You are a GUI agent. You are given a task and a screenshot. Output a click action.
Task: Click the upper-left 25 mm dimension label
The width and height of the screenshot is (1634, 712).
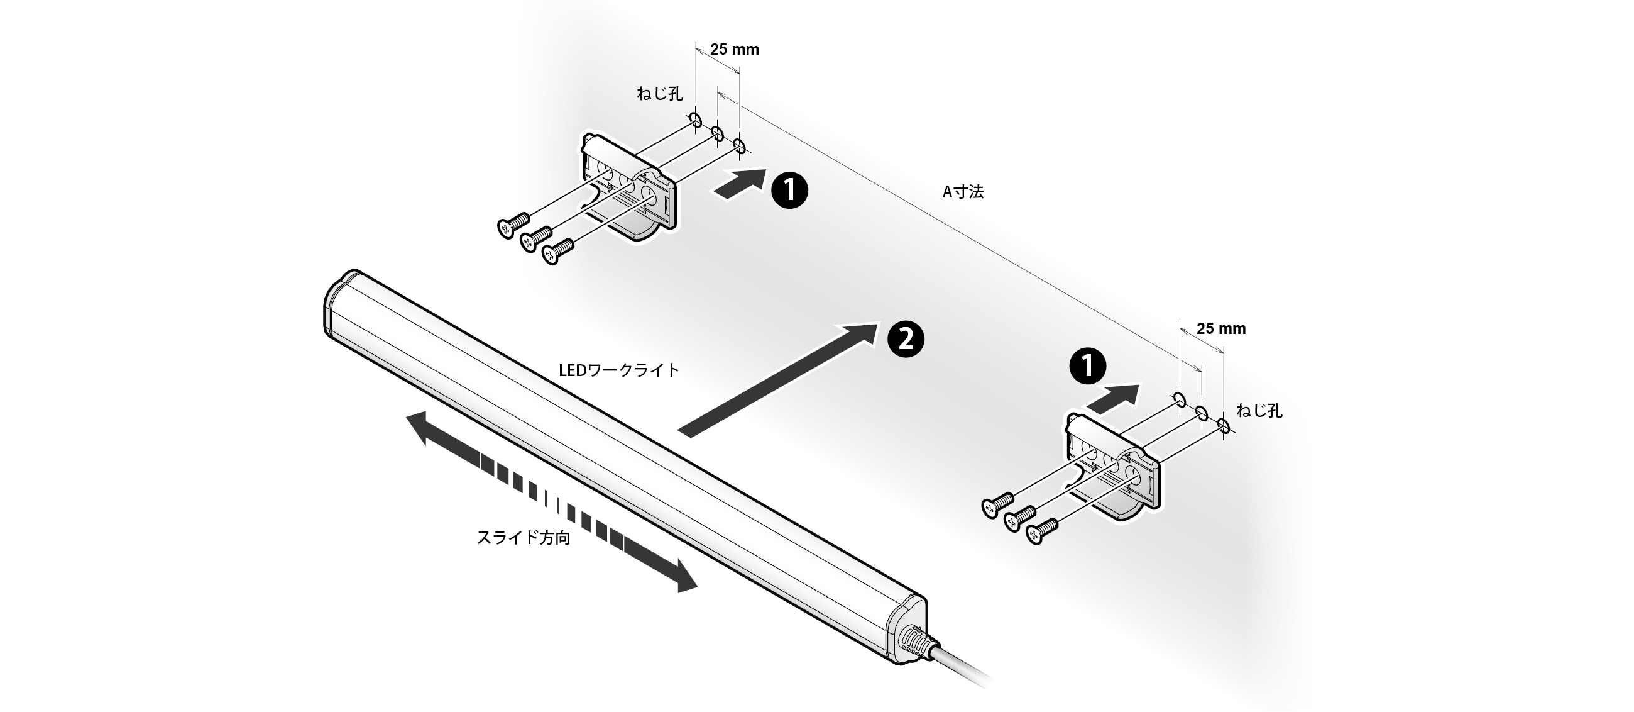pos(734,50)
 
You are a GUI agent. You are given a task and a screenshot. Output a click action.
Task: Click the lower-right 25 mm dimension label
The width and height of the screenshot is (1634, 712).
pos(1220,329)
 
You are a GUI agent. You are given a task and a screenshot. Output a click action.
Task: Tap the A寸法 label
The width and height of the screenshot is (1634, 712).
pos(963,192)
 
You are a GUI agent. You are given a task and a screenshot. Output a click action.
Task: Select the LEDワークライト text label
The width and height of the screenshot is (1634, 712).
pos(618,370)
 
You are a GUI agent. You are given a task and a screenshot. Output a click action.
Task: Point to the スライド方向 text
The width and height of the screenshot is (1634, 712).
pos(524,538)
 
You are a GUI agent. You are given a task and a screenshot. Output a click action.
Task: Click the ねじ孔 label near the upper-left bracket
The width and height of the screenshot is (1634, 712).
pos(660,94)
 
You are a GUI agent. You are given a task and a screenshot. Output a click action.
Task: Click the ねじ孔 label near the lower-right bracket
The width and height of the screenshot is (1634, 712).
pos(1259,411)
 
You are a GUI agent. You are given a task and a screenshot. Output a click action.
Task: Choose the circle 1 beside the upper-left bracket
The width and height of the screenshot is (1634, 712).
pos(790,191)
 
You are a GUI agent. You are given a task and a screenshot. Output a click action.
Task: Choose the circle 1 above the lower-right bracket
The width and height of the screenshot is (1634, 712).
pos(1087,367)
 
